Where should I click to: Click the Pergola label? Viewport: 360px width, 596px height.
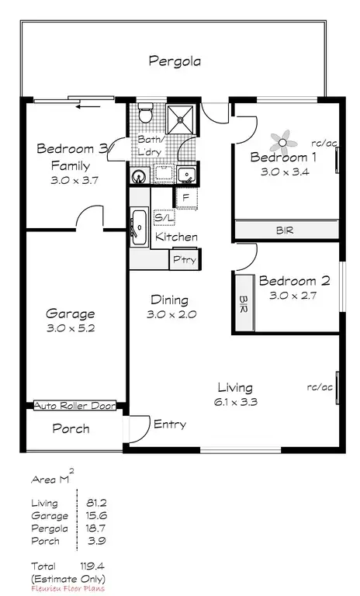[x=175, y=61]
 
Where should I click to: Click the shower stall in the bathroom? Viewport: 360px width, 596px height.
[x=183, y=118]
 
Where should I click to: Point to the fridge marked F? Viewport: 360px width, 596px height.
[x=186, y=198]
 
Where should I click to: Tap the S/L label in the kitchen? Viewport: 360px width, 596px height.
[x=164, y=220]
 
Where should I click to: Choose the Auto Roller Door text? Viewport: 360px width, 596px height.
[x=75, y=406]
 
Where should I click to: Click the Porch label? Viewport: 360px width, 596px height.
[x=71, y=428]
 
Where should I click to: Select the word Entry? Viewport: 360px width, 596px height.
[x=169, y=424]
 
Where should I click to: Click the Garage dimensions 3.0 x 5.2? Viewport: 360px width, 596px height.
[x=71, y=329]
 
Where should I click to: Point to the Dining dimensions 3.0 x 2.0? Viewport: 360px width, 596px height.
[x=170, y=315]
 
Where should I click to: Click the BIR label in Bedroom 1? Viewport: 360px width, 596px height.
[x=285, y=230]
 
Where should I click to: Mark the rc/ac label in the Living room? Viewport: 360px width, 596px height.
[x=319, y=386]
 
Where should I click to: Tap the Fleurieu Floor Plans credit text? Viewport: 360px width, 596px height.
[x=67, y=588]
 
